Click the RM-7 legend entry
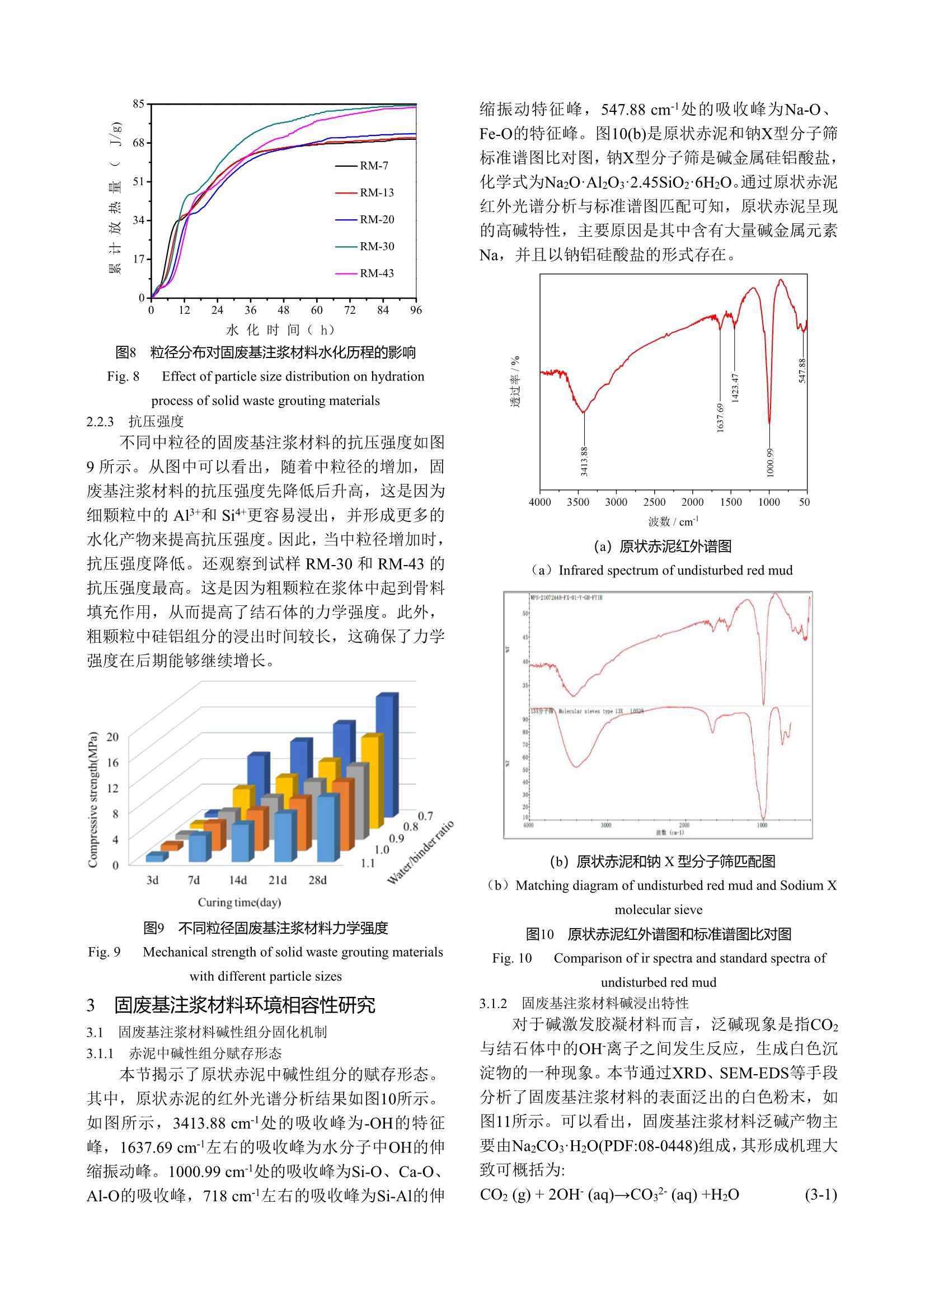373,166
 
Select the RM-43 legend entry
376,274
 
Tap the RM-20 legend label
377,219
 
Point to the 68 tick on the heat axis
138,143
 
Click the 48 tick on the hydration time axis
283,310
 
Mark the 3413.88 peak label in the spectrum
584,461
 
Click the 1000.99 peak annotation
770,462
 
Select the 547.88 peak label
802,370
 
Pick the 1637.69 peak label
720,417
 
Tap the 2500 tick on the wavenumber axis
654,502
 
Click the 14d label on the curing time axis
238,880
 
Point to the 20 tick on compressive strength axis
113,737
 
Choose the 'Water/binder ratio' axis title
421,853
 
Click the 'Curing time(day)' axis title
240,902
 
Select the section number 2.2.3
100,422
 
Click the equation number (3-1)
821,1194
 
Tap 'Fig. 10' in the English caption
512,958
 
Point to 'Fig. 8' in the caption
123,377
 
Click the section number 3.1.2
493,1003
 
